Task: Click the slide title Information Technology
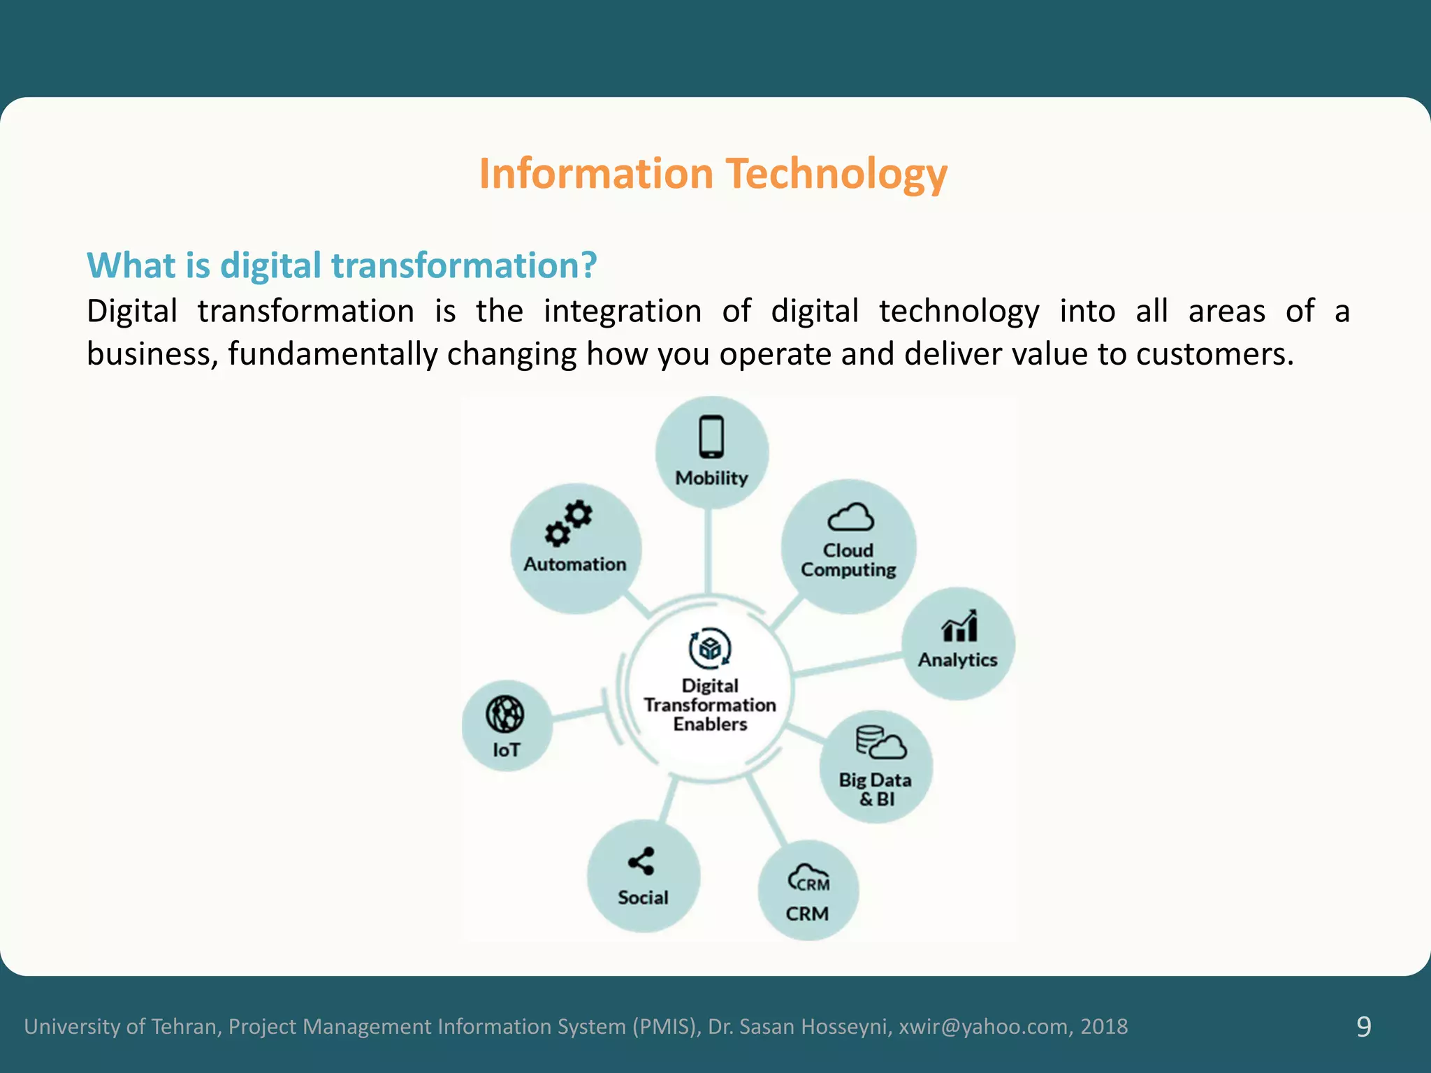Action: click(x=713, y=173)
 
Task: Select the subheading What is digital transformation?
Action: click(x=342, y=265)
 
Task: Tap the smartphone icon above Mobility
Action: click(x=711, y=437)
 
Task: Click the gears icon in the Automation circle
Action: click(x=569, y=523)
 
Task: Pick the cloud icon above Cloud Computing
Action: click(x=850, y=518)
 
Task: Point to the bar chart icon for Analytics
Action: click(x=959, y=626)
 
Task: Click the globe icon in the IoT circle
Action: click(x=504, y=714)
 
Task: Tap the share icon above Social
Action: click(x=641, y=861)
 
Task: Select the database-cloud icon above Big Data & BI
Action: click(x=880, y=743)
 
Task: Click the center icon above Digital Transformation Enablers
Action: click(x=710, y=648)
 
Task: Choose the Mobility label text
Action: click(x=711, y=479)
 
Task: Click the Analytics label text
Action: click(x=957, y=660)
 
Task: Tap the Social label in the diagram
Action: click(x=643, y=898)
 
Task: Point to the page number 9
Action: click(x=1363, y=1026)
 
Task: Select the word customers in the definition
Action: click(x=1214, y=354)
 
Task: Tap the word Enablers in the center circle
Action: click(x=710, y=724)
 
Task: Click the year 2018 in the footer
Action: click(x=1104, y=1026)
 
